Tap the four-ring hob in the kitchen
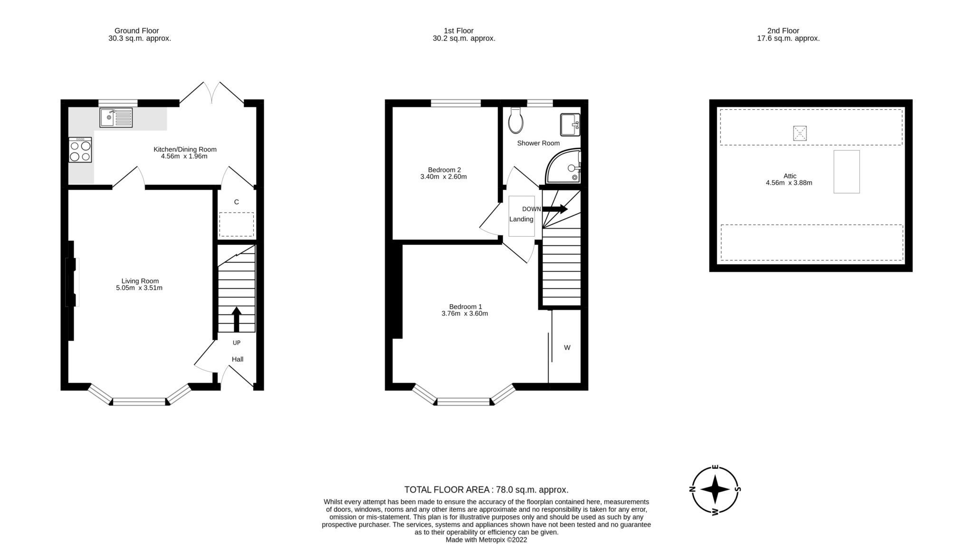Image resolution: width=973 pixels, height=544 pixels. (x=80, y=150)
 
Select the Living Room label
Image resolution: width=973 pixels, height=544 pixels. (x=140, y=281)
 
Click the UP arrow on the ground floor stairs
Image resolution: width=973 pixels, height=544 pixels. (x=236, y=319)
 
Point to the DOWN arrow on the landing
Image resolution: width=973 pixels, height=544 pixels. (x=555, y=209)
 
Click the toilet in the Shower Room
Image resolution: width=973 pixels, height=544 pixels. (x=515, y=121)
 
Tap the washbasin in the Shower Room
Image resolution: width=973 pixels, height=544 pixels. (x=570, y=124)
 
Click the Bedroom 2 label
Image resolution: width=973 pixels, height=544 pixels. (x=444, y=170)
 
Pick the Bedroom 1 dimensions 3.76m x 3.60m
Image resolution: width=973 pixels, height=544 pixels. (x=465, y=314)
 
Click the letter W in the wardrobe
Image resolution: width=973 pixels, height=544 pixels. (x=567, y=348)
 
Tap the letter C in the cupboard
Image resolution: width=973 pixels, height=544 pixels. (x=236, y=202)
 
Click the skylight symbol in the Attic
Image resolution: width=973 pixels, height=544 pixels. (x=800, y=133)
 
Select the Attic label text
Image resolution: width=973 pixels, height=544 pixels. (x=790, y=176)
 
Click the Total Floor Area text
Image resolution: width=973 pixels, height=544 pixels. (x=486, y=490)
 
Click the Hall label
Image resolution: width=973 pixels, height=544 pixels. (x=238, y=359)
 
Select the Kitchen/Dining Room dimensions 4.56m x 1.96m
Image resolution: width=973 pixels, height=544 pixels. (x=184, y=156)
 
